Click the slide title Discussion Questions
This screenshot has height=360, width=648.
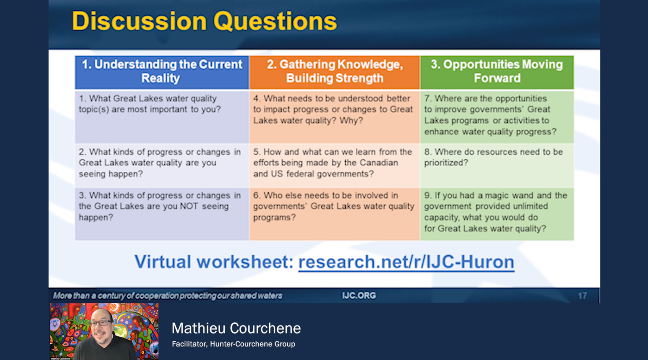(204, 21)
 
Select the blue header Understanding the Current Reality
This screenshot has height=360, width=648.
(162, 72)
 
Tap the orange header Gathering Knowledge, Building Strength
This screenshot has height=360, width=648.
(334, 72)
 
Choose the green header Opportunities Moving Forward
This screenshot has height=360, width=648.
(497, 72)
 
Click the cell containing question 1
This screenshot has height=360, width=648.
(162, 116)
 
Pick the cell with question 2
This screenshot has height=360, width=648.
(162, 165)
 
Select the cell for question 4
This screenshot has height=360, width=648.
(334, 116)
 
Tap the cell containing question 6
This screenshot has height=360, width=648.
(334, 214)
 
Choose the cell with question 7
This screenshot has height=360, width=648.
(497, 116)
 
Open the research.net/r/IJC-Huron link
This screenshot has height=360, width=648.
(406, 262)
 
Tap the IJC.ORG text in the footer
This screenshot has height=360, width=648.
(359, 296)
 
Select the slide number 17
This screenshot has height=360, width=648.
(582, 296)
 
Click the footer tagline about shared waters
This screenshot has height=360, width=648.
(168, 296)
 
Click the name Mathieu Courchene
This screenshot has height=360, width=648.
(236, 328)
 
